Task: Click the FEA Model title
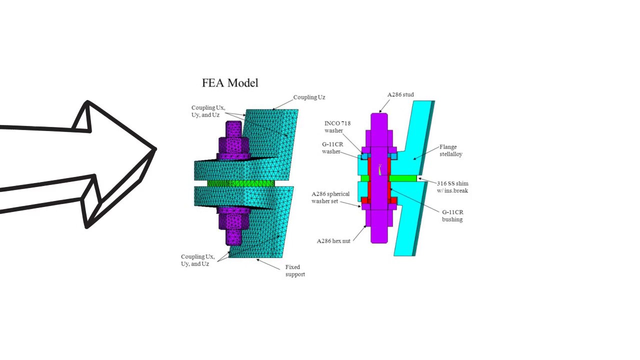pyautogui.click(x=230, y=83)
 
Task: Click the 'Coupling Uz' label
pyautogui.click(x=309, y=97)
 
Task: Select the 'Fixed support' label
pyautogui.click(x=295, y=270)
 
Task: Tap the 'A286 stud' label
pyautogui.click(x=400, y=94)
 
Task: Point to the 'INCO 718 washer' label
pyautogui.click(x=337, y=127)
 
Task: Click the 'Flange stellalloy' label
pyautogui.click(x=450, y=150)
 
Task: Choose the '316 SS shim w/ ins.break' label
pyautogui.click(x=452, y=187)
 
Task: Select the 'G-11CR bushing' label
pyautogui.click(x=452, y=215)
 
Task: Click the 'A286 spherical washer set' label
pyautogui.click(x=330, y=197)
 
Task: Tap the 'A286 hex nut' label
pyautogui.click(x=333, y=240)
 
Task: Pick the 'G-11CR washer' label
pyautogui.click(x=332, y=147)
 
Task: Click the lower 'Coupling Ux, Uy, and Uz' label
pyautogui.click(x=198, y=260)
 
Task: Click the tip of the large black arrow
pyautogui.click(x=155, y=149)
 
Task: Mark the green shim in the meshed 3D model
pyautogui.click(x=240, y=183)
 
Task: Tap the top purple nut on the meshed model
pyautogui.click(x=234, y=146)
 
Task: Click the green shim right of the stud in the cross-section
pyautogui.click(x=402, y=178)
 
